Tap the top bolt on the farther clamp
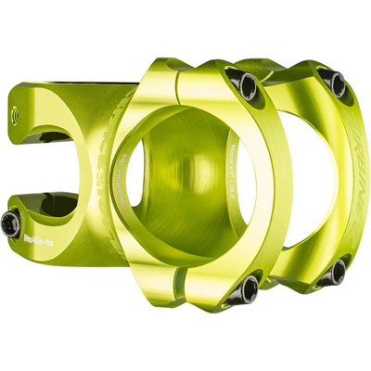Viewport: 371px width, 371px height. pos(337,84)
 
